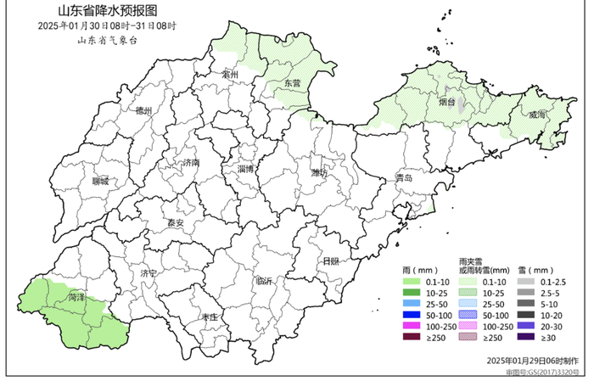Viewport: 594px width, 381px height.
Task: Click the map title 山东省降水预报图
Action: [107, 12]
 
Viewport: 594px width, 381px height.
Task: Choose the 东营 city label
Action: [293, 83]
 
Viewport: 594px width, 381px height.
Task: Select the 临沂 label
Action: [264, 282]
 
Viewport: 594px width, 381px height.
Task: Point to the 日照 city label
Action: [329, 261]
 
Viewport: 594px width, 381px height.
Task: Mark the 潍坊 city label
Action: [319, 173]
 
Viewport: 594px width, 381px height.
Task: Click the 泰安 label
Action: [175, 223]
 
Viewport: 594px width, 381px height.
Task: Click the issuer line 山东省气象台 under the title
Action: [107, 39]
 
